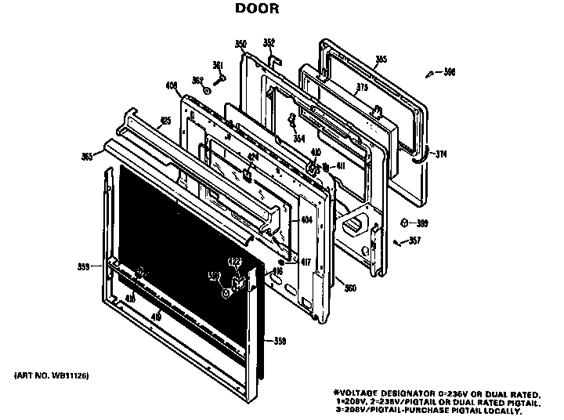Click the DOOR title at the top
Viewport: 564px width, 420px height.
pyautogui.click(x=257, y=10)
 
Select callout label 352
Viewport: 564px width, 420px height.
pyautogui.click(x=269, y=42)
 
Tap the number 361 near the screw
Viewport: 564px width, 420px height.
pyautogui.click(x=218, y=65)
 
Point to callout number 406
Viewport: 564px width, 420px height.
pyautogui.click(x=172, y=85)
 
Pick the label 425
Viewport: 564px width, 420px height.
pyautogui.click(x=165, y=121)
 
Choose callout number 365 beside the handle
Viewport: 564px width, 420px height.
pyautogui.click(x=86, y=157)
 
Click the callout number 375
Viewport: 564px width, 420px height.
pyautogui.click(x=362, y=88)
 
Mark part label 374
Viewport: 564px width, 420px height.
pyautogui.click(x=442, y=154)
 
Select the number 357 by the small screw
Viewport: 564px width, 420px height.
pyautogui.click(x=414, y=240)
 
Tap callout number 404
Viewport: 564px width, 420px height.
pyautogui.click(x=306, y=220)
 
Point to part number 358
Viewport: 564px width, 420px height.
pyautogui.click(x=280, y=340)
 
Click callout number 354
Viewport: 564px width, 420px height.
pyautogui.click(x=298, y=138)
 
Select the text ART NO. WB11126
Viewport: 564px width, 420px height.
pyautogui.click(x=52, y=377)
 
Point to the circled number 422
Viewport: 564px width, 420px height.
pyautogui.click(x=233, y=261)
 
